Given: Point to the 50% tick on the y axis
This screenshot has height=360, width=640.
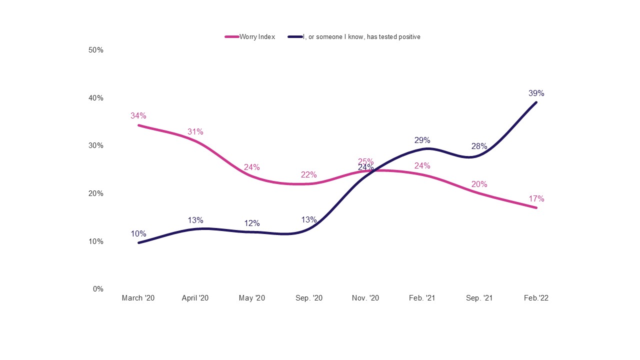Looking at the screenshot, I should [x=96, y=50].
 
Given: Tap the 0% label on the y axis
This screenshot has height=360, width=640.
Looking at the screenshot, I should [x=98, y=289].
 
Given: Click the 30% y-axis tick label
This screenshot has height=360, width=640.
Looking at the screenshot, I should [x=96, y=145].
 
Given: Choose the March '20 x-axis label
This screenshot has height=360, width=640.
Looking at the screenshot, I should [x=138, y=298].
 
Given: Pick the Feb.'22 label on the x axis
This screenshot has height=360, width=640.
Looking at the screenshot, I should [x=536, y=298].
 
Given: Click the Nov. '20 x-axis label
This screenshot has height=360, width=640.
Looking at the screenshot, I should [x=365, y=298].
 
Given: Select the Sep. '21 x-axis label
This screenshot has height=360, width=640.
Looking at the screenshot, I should [x=479, y=298].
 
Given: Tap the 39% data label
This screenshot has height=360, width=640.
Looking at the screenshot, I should [x=536, y=93].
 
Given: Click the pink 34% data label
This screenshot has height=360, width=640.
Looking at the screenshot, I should [x=138, y=116].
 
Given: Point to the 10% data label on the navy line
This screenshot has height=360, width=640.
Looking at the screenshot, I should [x=138, y=234].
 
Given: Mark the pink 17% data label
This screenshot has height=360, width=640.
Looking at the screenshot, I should [x=536, y=199].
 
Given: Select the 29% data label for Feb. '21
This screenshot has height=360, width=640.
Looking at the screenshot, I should [x=422, y=140].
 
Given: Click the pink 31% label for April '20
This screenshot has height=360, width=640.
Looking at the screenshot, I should [x=195, y=132].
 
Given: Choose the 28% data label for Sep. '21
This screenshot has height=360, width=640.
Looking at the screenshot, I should [x=479, y=146].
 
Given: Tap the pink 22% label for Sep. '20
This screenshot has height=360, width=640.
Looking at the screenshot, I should [x=309, y=175].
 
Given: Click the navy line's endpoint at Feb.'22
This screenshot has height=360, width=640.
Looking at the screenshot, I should [x=536, y=102].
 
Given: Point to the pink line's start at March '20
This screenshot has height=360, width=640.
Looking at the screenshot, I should [x=138, y=125].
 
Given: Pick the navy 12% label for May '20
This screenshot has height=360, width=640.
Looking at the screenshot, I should [x=252, y=223].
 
